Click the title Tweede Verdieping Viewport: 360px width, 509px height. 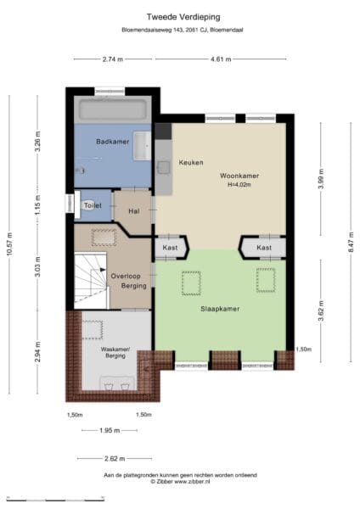183,17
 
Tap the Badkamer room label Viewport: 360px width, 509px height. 112,142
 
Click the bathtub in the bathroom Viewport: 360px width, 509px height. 113,109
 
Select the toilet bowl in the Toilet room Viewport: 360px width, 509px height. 88,205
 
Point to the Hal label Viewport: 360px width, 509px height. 134,211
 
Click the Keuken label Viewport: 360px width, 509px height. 191,162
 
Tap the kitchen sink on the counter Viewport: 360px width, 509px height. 163,167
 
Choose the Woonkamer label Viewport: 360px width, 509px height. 239,176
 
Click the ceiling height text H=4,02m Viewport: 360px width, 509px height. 239,185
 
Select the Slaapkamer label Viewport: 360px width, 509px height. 220,309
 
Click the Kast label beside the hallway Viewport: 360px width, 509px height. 171,248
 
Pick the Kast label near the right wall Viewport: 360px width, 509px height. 264,248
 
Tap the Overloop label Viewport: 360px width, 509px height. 126,277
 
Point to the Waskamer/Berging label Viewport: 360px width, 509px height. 115,353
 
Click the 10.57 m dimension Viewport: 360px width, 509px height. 9,244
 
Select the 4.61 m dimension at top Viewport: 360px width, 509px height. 221,59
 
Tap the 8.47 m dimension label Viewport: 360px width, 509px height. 351,242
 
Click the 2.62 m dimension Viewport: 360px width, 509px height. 115,459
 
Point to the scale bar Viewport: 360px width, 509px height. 55,499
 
